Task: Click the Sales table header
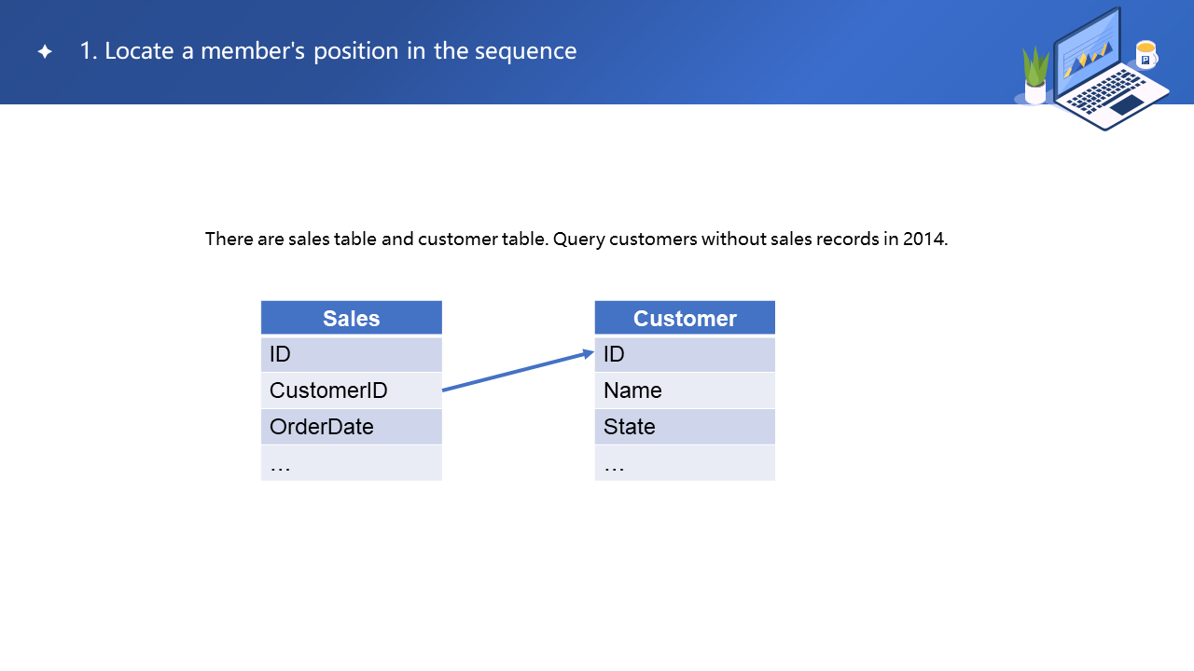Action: [x=352, y=318]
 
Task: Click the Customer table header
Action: [x=685, y=318]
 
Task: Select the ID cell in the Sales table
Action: [x=352, y=354]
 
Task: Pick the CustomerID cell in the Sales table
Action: [x=352, y=390]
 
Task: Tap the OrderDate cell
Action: [x=352, y=427]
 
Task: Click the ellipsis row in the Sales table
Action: [x=352, y=463]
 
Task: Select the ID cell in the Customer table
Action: [x=685, y=354]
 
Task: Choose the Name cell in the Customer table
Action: [x=685, y=390]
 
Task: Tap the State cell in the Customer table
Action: [x=685, y=427]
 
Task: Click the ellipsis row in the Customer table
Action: [x=685, y=463]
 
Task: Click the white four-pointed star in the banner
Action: [x=45, y=51]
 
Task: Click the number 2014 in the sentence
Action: [x=924, y=239]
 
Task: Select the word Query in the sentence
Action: [x=579, y=240]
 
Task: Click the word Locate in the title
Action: [x=139, y=51]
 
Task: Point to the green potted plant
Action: [x=1035, y=75]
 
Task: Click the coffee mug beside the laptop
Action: [x=1146, y=54]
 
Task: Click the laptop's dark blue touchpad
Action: [x=1128, y=104]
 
